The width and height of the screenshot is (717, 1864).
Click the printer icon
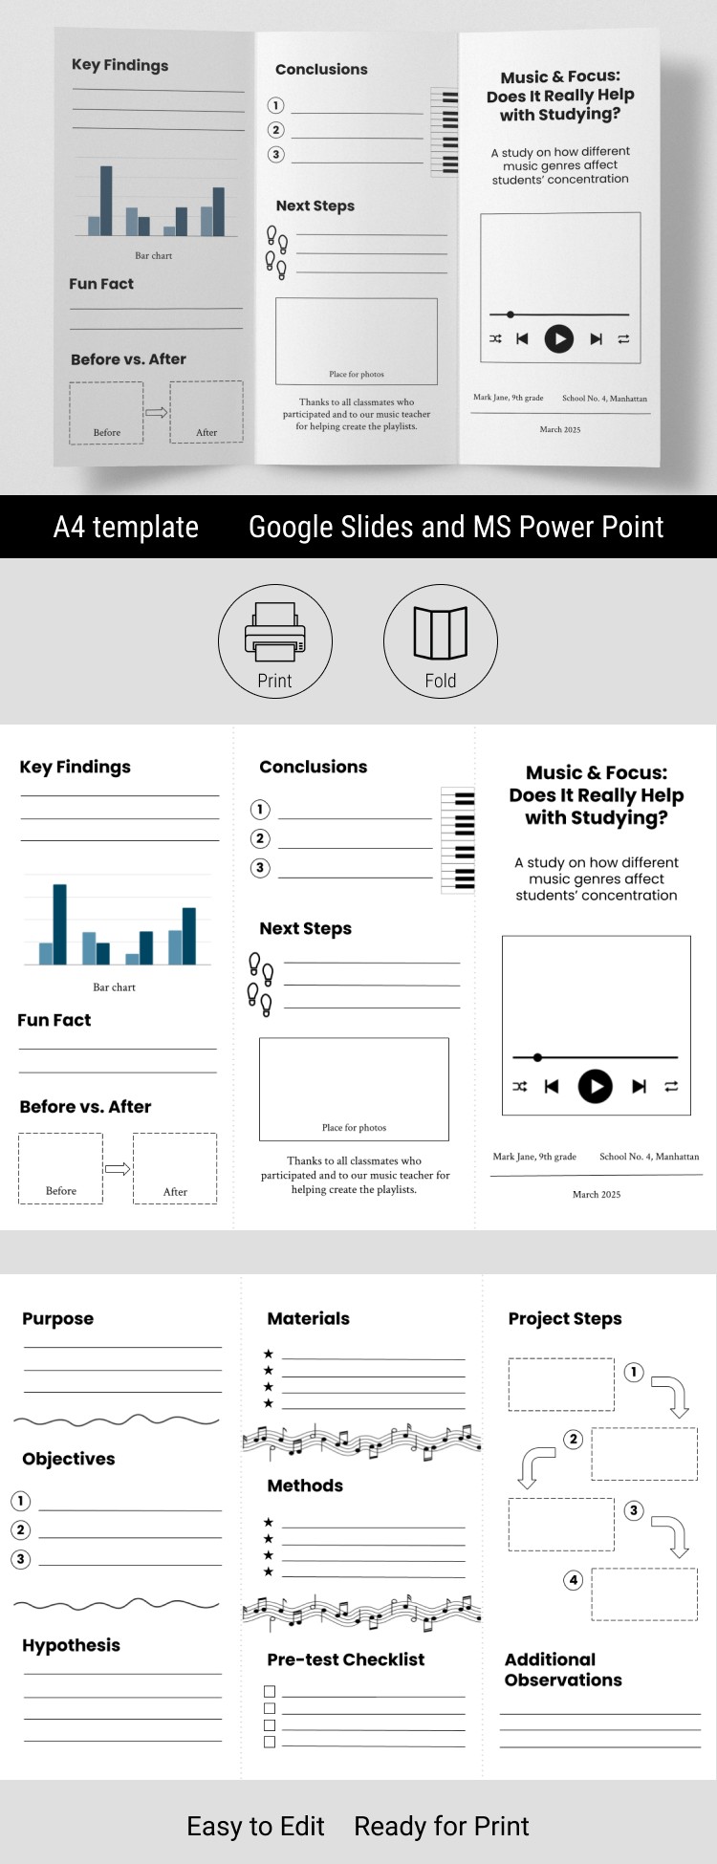tap(274, 632)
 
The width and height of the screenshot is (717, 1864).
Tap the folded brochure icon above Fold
tap(440, 633)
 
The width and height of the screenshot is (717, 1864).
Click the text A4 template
tap(126, 527)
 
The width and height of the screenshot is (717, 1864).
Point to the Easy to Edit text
tap(255, 1826)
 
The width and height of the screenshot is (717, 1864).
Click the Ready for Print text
tap(441, 1826)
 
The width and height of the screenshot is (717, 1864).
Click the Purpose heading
tap(58, 1318)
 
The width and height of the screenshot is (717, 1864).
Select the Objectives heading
tap(69, 1459)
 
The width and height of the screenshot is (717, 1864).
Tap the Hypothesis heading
tap(72, 1645)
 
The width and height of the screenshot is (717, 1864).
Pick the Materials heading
tap(308, 1318)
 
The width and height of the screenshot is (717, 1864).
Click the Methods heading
tap(305, 1485)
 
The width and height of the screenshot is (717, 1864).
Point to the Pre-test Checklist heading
tap(345, 1659)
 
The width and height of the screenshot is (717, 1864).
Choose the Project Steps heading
tap(565, 1318)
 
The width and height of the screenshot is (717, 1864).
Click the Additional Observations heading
tap(563, 1670)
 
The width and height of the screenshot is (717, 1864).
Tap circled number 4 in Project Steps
tap(574, 1579)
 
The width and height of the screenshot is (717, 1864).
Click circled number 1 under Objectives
tap(21, 1501)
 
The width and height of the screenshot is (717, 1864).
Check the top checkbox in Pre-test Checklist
tap(270, 1691)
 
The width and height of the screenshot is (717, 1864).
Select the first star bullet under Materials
tap(269, 1354)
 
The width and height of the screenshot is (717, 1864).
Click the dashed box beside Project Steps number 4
tap(644, 1593)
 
